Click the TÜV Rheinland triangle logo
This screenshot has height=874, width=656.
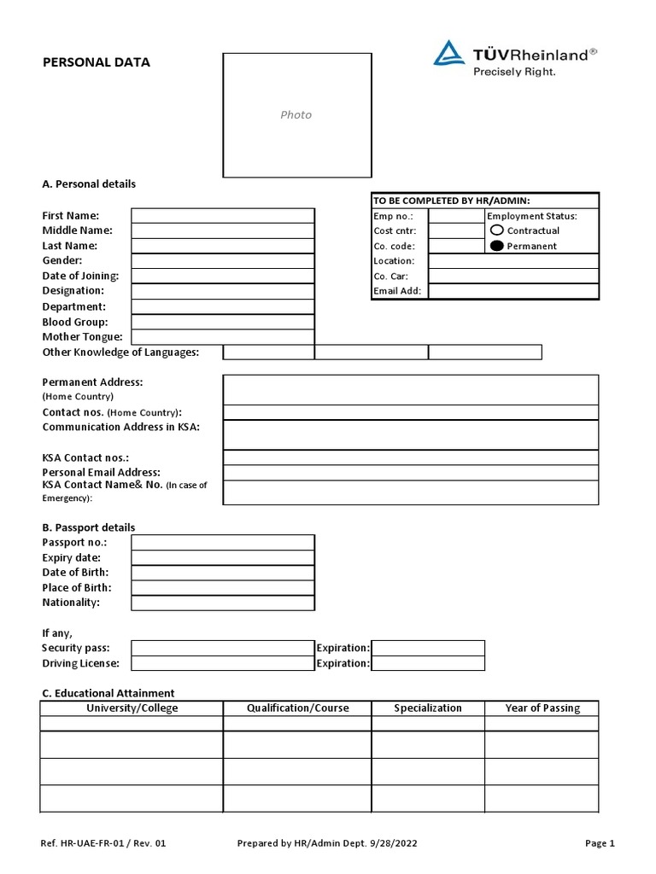point(448,54)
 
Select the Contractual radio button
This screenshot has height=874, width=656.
point(497,230)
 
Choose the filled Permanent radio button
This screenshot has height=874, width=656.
point(497,246)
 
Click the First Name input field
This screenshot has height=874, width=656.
point(222,216)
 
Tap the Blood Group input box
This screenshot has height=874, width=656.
point(222,322)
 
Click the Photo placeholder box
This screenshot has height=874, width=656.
point(296,115)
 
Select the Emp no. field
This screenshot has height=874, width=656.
point(455,216)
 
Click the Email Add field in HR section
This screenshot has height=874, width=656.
point(513,291)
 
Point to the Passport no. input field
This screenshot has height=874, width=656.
point(222,543)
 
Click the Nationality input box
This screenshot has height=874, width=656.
point(222,603)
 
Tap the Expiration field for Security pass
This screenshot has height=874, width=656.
point(428,648)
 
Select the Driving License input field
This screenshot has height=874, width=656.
point(222,663)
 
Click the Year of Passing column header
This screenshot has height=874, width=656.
point(542,708)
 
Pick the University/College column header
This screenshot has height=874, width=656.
point(132,708)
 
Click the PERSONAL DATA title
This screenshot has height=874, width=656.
point(97,62)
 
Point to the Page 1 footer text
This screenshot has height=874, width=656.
point(600,843)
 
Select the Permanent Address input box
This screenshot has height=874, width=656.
point(411,389)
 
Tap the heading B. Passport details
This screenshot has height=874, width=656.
point(89,527)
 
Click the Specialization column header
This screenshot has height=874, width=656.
point(428,708)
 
